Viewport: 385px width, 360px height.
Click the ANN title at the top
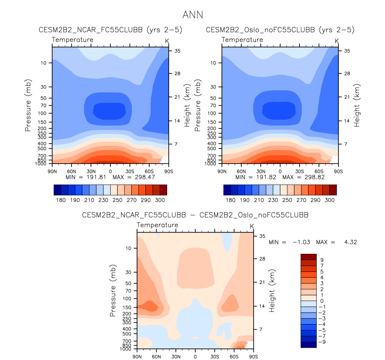193,15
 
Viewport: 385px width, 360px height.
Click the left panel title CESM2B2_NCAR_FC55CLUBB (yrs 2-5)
110,30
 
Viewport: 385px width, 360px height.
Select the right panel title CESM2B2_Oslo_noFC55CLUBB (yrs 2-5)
280,30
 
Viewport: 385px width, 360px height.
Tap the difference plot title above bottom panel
195,215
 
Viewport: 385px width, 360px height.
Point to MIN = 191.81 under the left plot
86,177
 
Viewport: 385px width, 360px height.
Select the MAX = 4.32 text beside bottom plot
336,242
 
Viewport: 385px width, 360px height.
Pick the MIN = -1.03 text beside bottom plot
289,242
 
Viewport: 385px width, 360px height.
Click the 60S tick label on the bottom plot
234,357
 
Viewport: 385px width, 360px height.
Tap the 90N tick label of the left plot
52,171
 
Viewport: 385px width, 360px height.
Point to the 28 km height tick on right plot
347,74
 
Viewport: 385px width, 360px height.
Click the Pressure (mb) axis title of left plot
28,105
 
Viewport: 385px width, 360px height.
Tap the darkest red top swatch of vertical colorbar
308,257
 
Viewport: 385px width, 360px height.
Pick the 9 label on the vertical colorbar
322,260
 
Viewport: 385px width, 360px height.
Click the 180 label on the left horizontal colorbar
61,200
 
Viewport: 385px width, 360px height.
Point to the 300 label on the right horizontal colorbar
329,200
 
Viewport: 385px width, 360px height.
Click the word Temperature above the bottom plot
157,225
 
